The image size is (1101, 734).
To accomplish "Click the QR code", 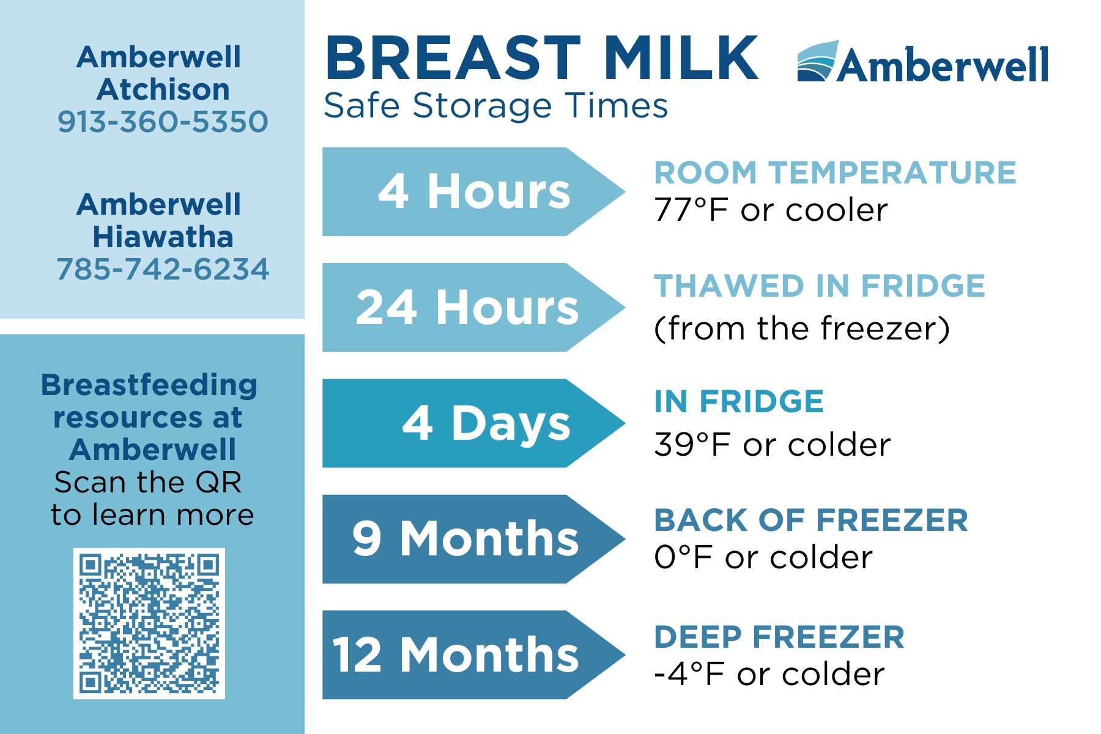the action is tap(149, 623).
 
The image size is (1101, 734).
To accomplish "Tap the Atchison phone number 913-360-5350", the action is tap(163, 122).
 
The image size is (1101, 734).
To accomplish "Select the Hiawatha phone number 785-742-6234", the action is tap(163, 269).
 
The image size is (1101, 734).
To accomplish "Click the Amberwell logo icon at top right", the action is tap(817, 61).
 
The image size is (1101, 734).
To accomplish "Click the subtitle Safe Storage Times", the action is tap(495, 106).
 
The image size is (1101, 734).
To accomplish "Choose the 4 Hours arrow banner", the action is tap(473, 191).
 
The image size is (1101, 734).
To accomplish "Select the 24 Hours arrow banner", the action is tap(473, 307).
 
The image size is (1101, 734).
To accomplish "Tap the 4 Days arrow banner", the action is tap(473, 423).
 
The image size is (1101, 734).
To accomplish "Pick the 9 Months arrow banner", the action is tap(473, 539).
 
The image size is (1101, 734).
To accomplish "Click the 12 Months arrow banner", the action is tap(473, 654).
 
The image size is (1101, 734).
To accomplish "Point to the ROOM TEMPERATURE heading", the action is tap(835, 172).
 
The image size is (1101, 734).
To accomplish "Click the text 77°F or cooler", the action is tap(771, 210).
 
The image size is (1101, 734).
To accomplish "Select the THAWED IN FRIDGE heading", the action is tap(820, 286).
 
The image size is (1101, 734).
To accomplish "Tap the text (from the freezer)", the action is tap(802, 328).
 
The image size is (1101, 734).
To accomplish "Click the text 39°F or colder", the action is tap(772, 445).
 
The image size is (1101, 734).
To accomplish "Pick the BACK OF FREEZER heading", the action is tap(811, 521).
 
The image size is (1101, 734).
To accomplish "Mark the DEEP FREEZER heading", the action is tap(779, 637).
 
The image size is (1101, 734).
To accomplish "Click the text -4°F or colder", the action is tap(769, 674).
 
